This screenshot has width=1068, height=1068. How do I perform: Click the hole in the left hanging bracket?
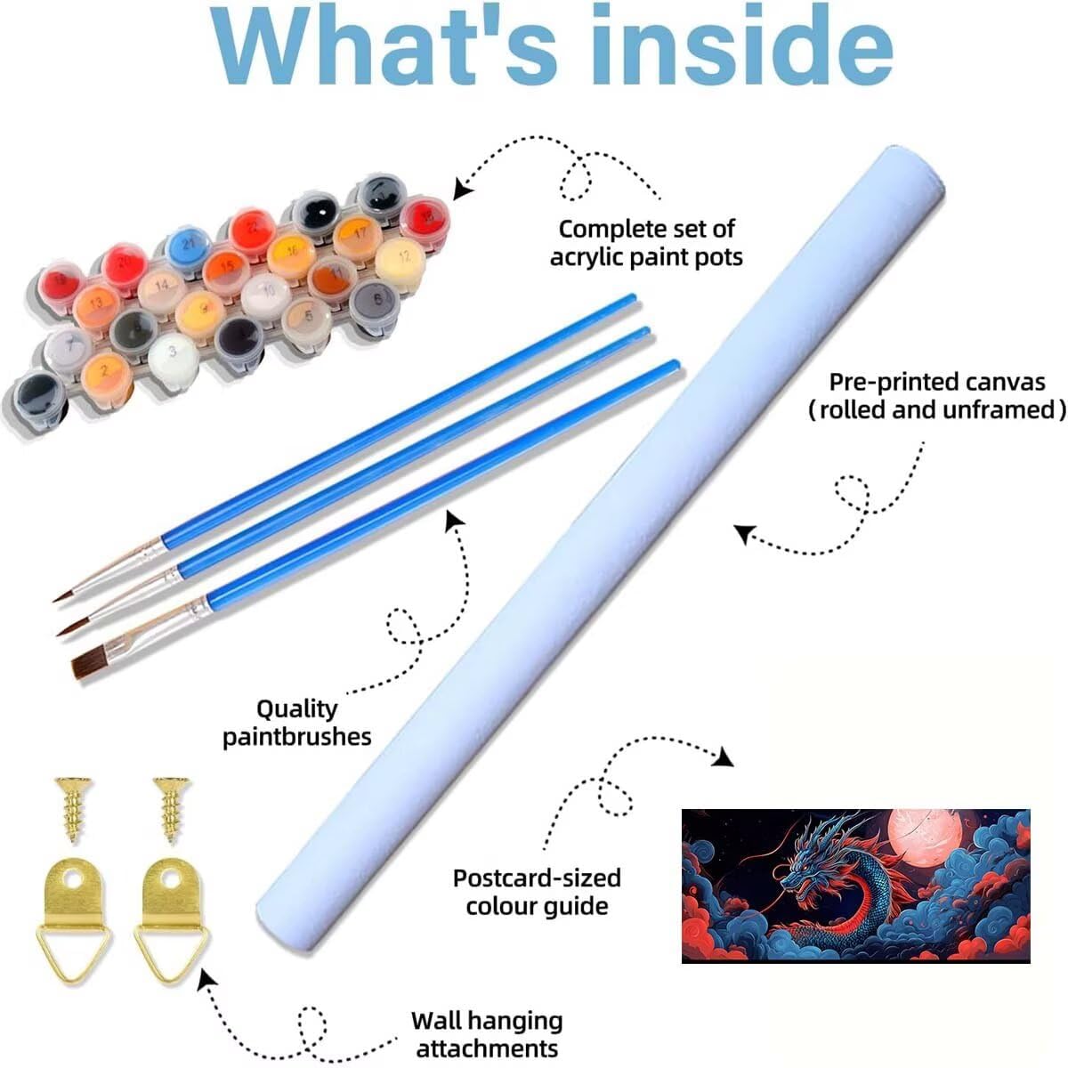tap(69, 884)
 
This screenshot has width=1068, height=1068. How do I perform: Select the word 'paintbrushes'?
tap(297, 737)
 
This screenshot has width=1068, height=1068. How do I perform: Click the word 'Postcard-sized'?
tap(537, 878)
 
